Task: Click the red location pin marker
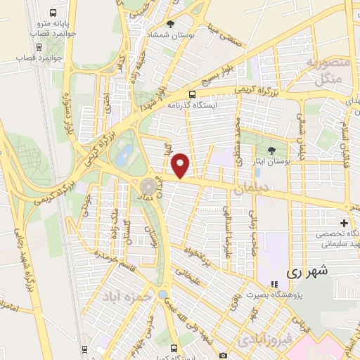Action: (x=181, y=165)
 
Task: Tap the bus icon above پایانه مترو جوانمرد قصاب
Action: (x=54, y=13)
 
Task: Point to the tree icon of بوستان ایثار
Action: (x=272, y=150)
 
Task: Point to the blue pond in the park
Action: (x=123, y=155)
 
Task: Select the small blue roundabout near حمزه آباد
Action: (x=163, y=294)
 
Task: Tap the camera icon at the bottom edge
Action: (x=223, y=356)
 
